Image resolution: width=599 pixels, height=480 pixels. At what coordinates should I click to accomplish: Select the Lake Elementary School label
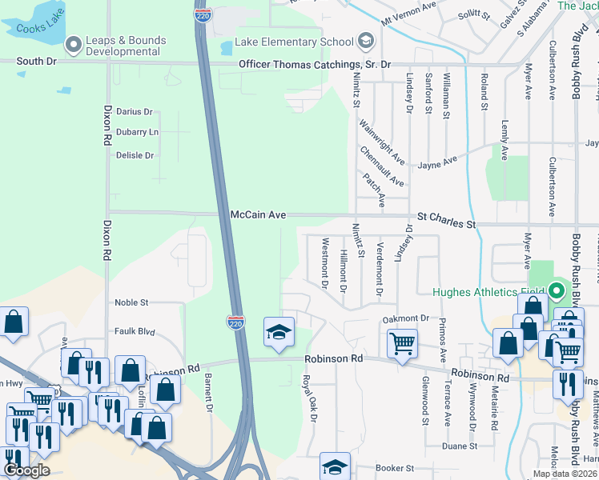tap(294, 42)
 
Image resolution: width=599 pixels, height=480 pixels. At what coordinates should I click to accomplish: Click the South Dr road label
tap(36, 62)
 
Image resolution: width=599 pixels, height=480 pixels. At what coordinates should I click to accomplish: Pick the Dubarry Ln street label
tap(138, 132)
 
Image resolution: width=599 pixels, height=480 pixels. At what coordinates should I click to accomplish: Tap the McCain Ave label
tap(258, 215)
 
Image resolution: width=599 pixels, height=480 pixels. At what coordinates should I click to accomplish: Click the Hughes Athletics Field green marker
tap(557, 290)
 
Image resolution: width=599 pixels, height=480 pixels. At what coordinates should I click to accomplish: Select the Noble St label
tap(132, 302)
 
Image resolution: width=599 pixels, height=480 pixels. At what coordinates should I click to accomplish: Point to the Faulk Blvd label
tap(134, 330)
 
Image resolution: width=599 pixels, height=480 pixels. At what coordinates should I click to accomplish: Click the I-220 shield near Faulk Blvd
tap(235, 322)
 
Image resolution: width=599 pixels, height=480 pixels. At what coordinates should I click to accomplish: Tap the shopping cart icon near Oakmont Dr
tap(402, 344)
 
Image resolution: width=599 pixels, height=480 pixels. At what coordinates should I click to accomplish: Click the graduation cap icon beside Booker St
tap(335, 466)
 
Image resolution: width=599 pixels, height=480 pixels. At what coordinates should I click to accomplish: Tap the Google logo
tap(26, 470)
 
